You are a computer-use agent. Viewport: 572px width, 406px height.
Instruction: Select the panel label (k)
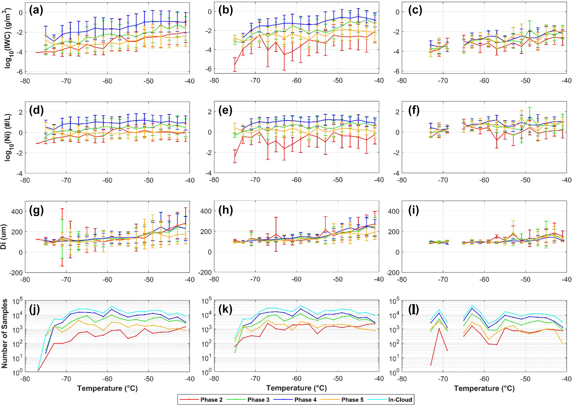(226, 309)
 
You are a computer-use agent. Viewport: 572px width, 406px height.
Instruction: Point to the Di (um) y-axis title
(4, 237)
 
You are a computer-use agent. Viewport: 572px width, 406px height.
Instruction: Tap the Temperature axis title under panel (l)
(484, 388)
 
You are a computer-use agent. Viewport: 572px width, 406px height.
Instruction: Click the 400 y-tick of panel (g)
(17, 211)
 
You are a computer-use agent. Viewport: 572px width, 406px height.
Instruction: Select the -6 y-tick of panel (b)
(208, 69)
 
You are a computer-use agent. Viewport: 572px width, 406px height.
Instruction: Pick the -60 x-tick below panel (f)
(484, 180)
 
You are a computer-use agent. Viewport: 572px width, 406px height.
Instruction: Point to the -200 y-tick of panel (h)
(205, 273)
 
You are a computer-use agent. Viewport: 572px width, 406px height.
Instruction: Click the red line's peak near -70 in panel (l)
(439, 328)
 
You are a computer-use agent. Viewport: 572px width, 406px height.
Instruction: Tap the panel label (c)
(415, 11)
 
